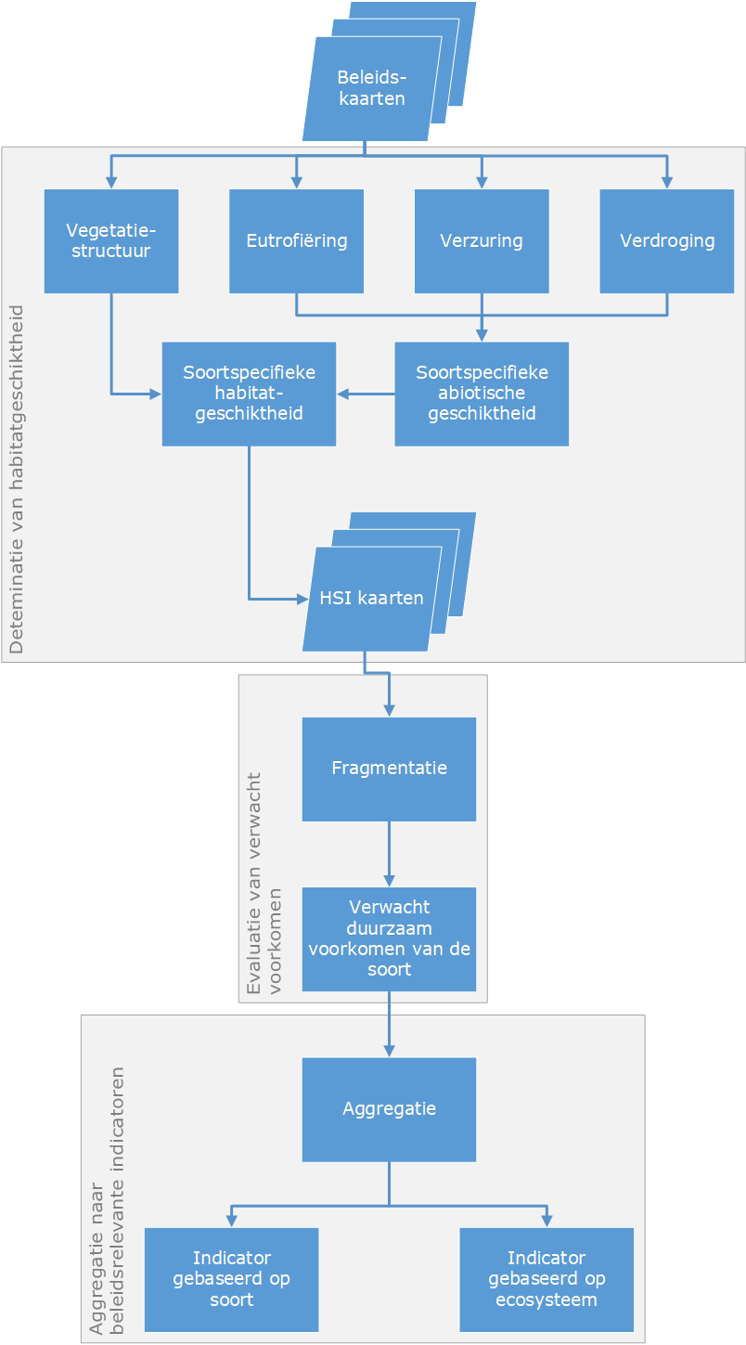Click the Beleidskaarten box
tap(371, 88)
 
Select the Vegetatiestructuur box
tap(111, 241)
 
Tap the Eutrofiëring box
tap(297, 241)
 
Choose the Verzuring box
tap(482, 241)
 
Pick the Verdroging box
tap(667, 241)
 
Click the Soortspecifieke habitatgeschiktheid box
tap(249, 394)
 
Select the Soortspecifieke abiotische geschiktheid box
tap(482, 394)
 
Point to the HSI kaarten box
tap(371, 598)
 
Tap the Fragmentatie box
tap(389, 769)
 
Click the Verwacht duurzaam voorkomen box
tap(389, 938)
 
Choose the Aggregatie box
tap(389, 1109)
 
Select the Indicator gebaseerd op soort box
tap(232, 1279)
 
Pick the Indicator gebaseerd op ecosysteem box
tap(547, 1279)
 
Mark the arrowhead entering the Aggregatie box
tap(389, 1051)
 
